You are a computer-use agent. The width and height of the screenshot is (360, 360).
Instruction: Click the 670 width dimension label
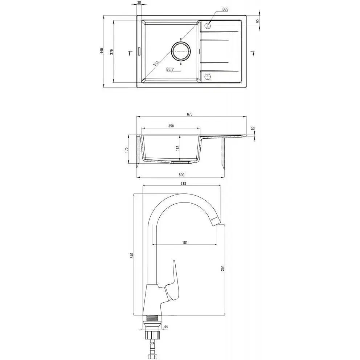click(189, 114)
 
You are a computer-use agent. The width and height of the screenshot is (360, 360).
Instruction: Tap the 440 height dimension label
click(102, 51)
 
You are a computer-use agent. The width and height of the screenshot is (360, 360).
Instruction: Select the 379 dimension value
click(111, 52)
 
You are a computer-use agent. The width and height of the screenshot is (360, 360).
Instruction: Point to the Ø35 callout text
click(225, 9)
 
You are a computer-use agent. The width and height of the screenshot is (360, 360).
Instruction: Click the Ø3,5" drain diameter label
click(170, 69)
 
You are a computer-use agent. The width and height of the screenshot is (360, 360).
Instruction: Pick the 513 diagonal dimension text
click(156, 64)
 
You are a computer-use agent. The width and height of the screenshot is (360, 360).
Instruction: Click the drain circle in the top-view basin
click(181, 52)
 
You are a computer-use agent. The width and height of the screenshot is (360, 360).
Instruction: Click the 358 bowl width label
click(171, 126)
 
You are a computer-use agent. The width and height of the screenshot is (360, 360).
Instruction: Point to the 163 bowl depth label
click(178, 148)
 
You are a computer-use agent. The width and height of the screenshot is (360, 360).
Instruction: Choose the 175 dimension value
click(126, 150)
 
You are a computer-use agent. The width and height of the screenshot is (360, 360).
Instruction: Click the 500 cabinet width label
click(181, 175)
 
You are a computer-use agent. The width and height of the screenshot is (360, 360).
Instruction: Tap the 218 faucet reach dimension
click(183, 183)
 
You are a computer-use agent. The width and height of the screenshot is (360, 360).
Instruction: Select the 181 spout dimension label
click(185, 242)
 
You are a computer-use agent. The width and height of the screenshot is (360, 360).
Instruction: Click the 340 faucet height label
click(132, 255)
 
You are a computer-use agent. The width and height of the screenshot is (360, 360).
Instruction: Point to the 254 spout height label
click(222, 268)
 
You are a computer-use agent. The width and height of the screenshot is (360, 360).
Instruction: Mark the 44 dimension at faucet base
click(166, 327)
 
